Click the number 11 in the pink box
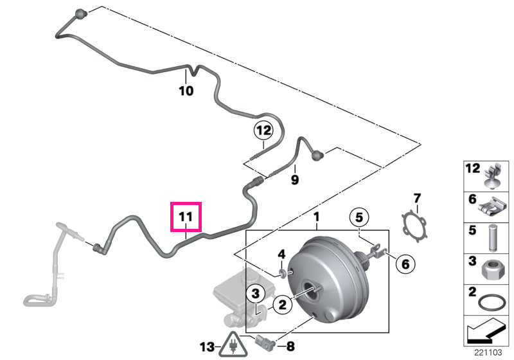(186, 217)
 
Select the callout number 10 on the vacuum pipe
(186, 91)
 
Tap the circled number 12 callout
(263, 130)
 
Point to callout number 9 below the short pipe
(295, 179)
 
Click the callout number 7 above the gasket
(416, 199)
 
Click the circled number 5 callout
(359, 217)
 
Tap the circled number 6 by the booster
(405, 264)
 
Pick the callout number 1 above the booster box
(316, 217)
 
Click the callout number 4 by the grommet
(281, 254)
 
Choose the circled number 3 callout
(256, 293)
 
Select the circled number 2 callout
(282, 305)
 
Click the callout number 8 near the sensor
(290, 346)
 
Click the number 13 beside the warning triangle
(207, 347)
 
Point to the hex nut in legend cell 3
(490, 270)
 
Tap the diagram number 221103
(488, 352)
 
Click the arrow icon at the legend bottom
(486, 332)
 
